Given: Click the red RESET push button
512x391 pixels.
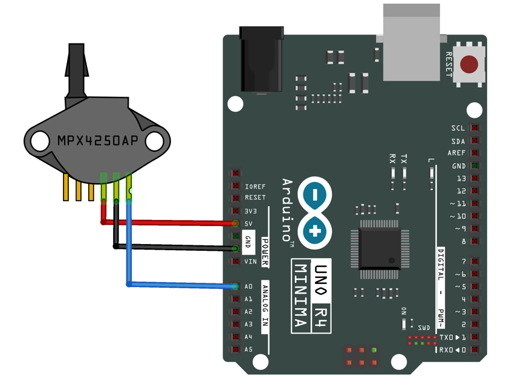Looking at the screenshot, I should coord(470,64).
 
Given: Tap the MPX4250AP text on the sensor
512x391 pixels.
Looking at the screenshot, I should coord(97,141).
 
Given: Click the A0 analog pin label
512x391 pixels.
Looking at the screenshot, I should coord(248,286).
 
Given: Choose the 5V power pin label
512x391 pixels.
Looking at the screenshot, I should coord(248,224).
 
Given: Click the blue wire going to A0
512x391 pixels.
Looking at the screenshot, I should coord(181,285).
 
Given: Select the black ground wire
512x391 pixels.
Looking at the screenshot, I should coord(175,247).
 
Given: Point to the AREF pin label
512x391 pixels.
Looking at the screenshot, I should coord(456,153).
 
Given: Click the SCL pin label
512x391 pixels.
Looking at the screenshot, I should coord(458,128).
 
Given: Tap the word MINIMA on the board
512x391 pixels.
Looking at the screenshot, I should coord(299,296).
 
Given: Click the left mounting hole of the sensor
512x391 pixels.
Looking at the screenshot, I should coord(40,141).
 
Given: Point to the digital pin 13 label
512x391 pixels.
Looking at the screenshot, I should coord(461,179).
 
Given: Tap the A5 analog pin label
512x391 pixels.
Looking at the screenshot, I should coord(248,349).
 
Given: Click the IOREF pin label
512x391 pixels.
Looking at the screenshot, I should coord(255,186).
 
